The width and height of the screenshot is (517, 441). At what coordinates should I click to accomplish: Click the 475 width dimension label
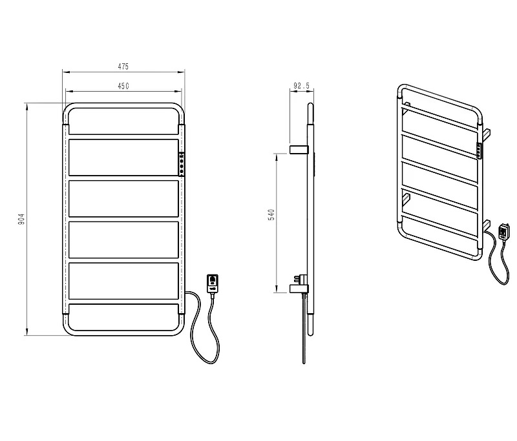[123, 67]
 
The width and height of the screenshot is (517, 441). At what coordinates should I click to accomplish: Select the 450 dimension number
[123, 86]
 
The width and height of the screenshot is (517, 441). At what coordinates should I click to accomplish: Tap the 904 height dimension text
[21, 219]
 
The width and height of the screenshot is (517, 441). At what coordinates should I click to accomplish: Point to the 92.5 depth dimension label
[301, 86]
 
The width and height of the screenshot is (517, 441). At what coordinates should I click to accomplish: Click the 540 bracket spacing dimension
[271, 215]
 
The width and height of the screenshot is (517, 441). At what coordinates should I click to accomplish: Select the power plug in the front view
[213, 284]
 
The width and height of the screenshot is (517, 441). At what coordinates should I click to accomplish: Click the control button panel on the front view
[182, 164]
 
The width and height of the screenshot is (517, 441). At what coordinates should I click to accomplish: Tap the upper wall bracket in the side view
[299, 149]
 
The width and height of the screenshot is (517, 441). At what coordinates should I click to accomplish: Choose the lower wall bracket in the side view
[299, 289]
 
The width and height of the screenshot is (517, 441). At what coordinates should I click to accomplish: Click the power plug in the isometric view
[503, 232]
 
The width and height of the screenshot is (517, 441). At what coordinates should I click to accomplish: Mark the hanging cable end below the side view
[304, 329]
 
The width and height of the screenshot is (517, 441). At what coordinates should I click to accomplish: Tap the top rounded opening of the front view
[123, 108]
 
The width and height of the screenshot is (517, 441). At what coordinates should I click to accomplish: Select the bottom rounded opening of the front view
[123, 331]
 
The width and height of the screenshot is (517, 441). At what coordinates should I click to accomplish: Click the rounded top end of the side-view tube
[310, 105]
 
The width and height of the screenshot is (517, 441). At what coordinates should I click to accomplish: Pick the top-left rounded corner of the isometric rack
[400, 88]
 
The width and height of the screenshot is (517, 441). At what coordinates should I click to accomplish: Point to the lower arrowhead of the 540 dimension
[277, 289]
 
